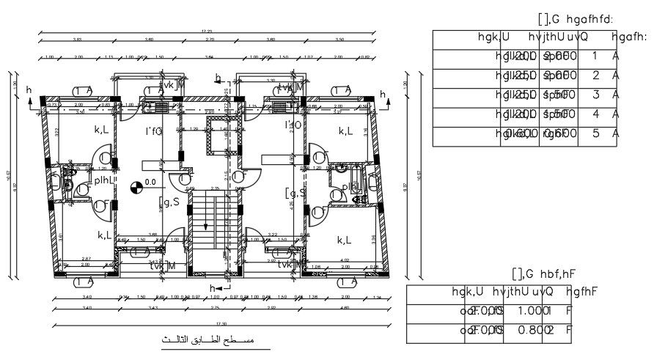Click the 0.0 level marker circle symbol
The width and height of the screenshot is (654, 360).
136,187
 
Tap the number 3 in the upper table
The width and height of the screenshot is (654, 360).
595,95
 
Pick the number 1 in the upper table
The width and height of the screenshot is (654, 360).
595,56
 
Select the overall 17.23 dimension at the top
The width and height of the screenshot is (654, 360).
207,31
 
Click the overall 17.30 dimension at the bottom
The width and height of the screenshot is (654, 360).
213,323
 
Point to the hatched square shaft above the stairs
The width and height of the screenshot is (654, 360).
218,140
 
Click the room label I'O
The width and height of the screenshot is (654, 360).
293,125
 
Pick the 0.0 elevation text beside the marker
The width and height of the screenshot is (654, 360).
151,181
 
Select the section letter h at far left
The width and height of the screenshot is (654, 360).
29,89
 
